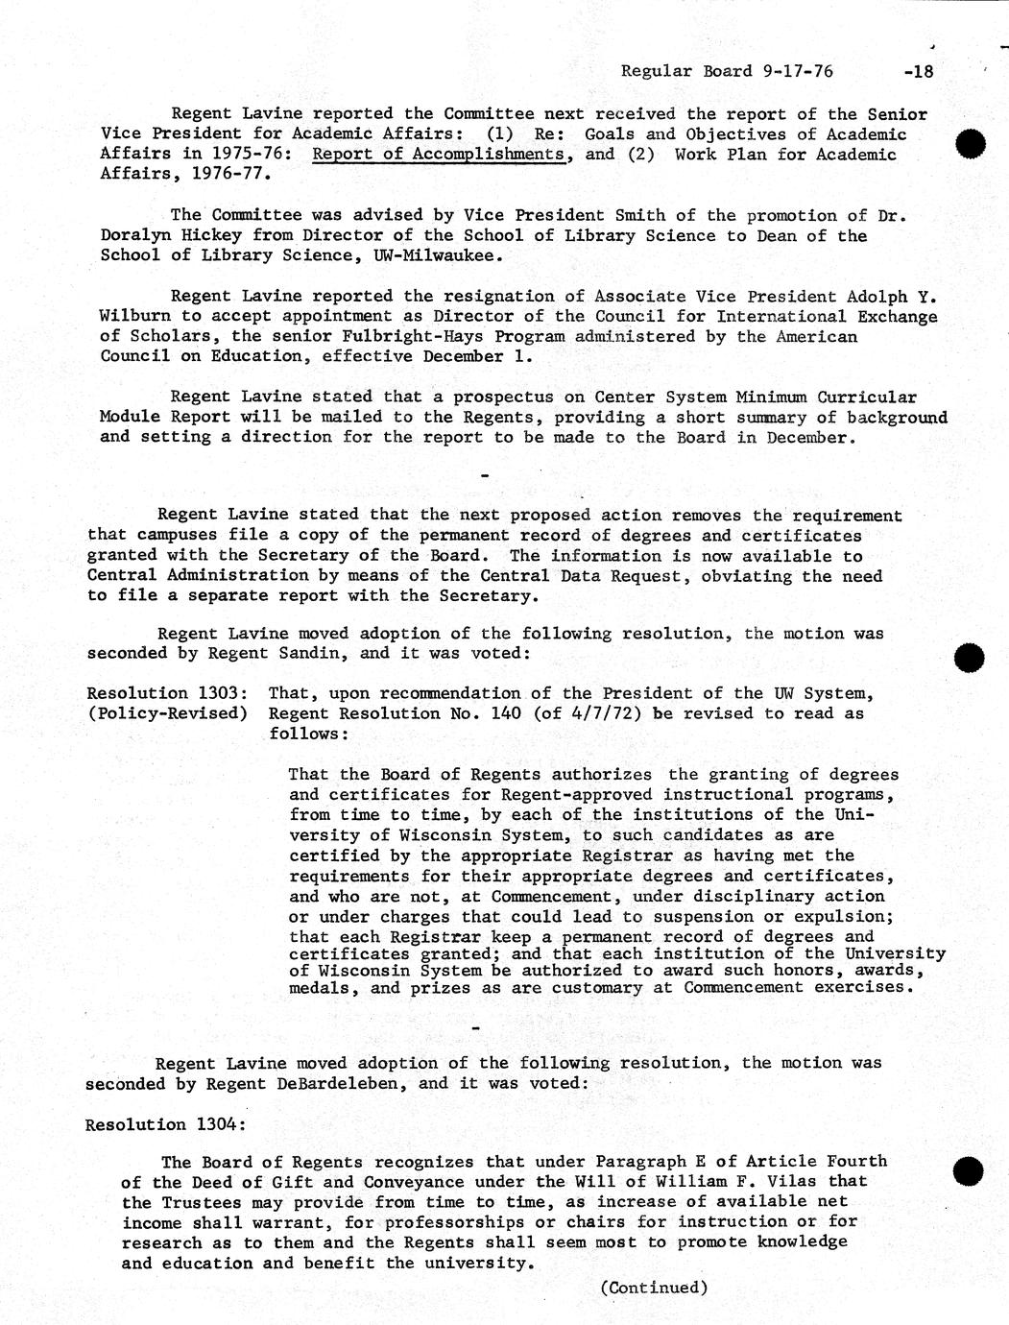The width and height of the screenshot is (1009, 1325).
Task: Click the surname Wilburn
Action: tap(135, 317)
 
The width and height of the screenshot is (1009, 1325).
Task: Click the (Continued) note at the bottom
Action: tap(654, 1288)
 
